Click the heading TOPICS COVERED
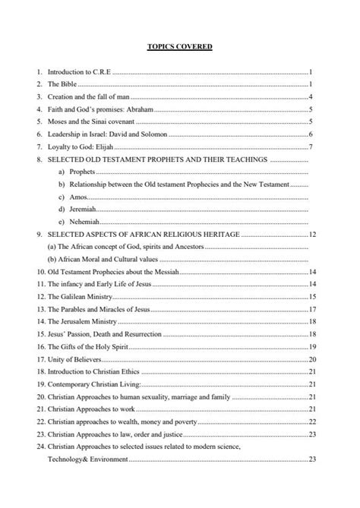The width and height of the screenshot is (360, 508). (179, 47)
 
